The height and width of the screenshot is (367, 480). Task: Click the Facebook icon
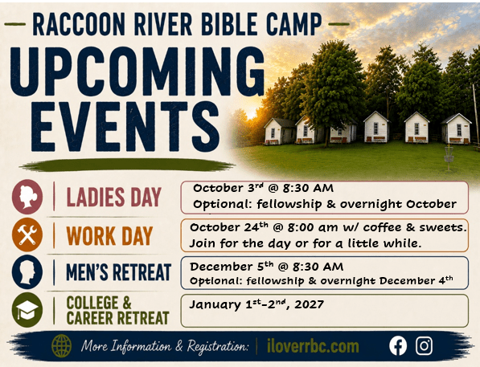[x=398, y=346]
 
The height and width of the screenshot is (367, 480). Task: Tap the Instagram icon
[x=424, y=346]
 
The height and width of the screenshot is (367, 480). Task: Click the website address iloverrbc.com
[x=313, y=346]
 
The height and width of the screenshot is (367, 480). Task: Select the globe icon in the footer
[x=62, y=346]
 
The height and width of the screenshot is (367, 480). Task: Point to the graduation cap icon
[x=27, y=309]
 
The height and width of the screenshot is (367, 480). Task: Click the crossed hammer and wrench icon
[x=27, y=234]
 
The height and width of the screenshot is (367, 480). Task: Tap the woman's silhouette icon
[x=27, y=196]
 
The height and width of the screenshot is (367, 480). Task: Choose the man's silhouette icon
[x=27, y=272]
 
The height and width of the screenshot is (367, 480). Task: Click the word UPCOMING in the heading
[x=137, y=71]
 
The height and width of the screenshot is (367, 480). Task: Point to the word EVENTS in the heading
[x=125, y=126]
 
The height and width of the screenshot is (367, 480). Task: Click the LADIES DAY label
[x=113, y=197]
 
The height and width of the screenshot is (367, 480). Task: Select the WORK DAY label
[x=109, y=236]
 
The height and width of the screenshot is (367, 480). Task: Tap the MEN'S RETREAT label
[x=118, y=272]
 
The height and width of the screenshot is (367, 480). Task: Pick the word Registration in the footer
[x=217, y=347]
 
